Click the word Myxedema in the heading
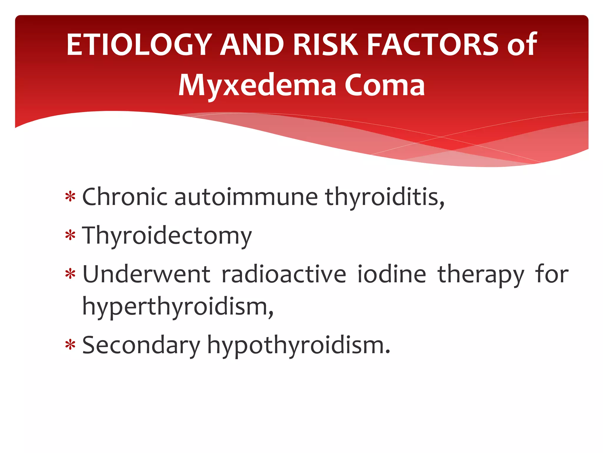coord(257,86)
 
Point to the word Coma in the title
coord(385,86)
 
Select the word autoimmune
coord(246,197)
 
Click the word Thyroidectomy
coord(167,236)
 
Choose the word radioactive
coord(284,275)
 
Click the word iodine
coord(392,275)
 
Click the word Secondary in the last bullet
coord(141,345)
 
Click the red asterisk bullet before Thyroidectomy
coord(70,236)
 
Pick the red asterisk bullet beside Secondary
coord(70,345)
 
